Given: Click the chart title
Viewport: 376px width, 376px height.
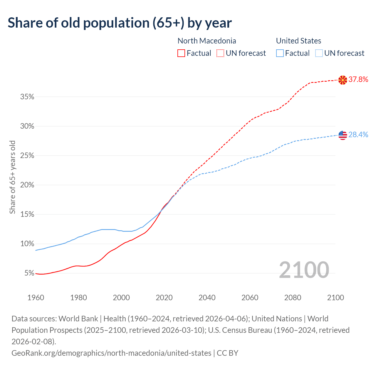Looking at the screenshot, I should [120, 23].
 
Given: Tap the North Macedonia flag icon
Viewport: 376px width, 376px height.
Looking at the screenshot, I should [343, 80].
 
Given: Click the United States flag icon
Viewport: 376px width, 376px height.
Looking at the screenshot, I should [343, 135].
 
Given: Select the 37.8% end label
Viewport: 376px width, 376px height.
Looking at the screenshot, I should [358, 79].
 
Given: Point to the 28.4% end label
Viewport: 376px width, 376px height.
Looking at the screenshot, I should [358, 135].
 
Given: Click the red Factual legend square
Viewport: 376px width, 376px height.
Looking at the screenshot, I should [181, 53].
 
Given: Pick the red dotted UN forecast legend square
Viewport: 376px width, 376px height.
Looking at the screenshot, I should [220, 53].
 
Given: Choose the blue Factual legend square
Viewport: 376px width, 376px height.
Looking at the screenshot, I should [280, 53].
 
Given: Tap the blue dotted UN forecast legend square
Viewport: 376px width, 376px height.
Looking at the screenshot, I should [319, 53].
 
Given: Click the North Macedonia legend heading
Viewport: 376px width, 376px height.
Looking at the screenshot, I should [207, 41].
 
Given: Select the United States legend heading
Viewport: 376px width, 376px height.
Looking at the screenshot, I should [298, 41].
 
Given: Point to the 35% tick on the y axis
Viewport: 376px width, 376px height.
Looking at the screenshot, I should [27, 97].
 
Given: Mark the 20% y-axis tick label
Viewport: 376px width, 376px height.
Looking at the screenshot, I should [27, 185].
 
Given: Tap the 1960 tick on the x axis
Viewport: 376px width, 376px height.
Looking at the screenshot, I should [36, 298].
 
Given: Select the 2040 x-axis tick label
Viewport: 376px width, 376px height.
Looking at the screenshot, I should [207, 298].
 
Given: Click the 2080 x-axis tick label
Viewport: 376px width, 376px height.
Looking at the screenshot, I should [293, 298].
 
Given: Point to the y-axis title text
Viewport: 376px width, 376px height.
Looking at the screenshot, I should [12, 177].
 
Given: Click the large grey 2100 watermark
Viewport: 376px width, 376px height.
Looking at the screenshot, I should [304, 270].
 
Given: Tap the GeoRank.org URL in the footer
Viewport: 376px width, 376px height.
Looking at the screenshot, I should [111, 353].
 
